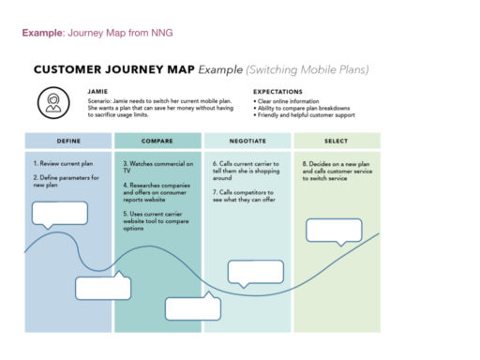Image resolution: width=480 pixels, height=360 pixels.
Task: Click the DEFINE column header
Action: pos(67,142)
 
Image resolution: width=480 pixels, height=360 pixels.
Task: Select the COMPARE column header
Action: pos(157,142)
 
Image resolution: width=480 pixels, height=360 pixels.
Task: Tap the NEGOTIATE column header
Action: pos(247,142)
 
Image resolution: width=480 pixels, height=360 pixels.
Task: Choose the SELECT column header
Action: pos(337,142)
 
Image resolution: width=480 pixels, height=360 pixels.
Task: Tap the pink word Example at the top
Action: pos(42,33)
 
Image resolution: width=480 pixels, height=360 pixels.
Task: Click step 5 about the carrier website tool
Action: pos(157,222)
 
